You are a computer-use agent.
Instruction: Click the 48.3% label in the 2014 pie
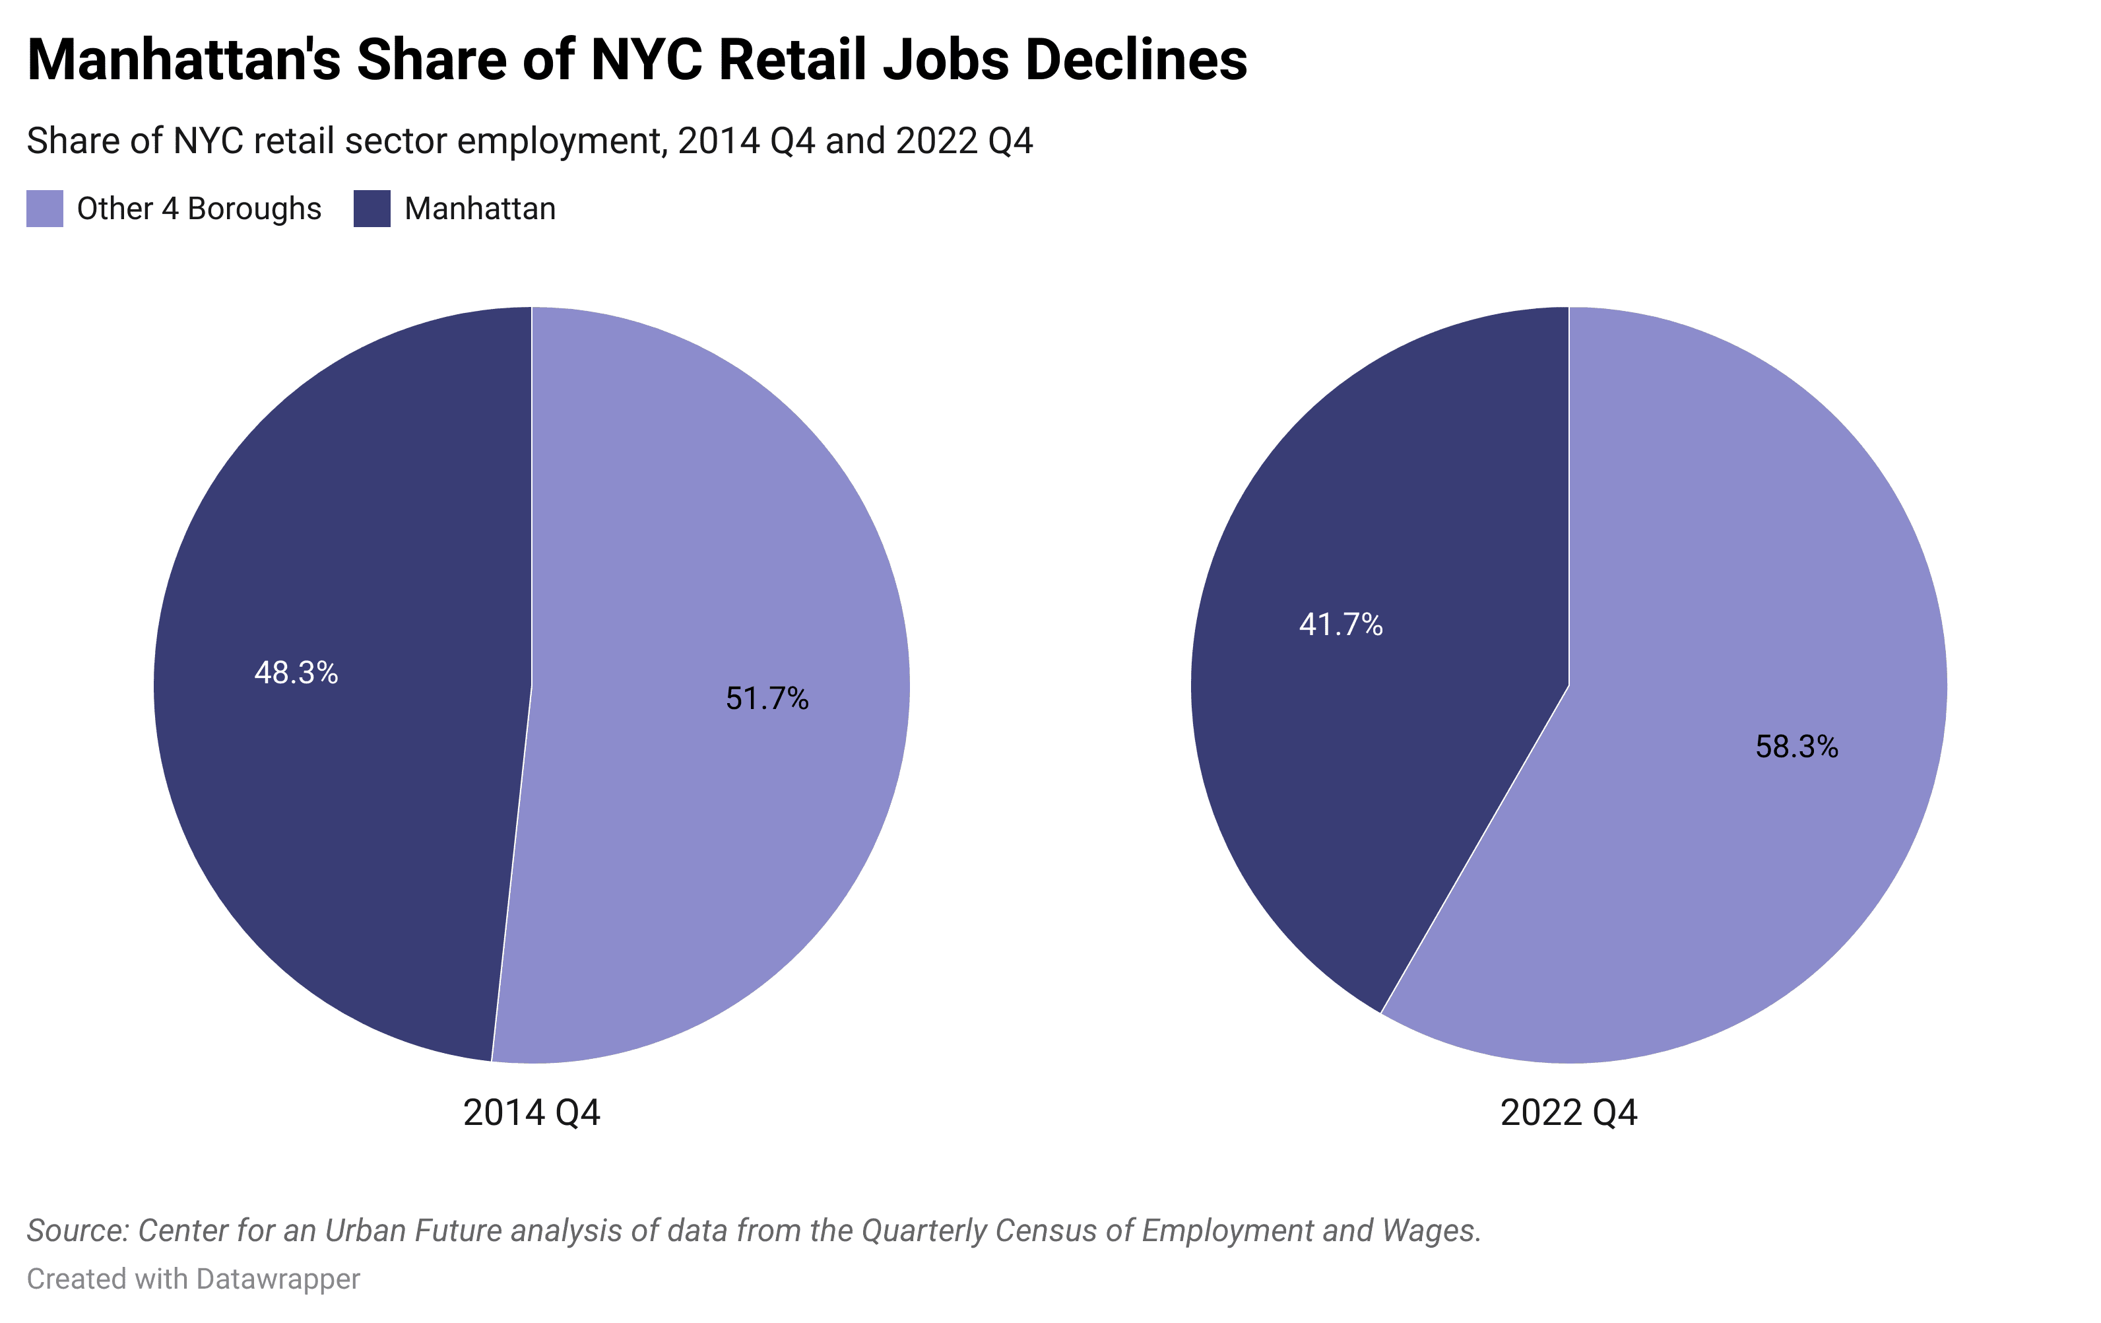[x=296, y=673]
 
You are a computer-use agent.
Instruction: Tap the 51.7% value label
[x=767, y=699]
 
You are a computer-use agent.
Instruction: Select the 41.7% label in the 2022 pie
[x=1340, y=625]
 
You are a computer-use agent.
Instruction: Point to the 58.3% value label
[x=1797, y=747]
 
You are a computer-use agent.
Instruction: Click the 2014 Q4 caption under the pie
[x=531, y=1112]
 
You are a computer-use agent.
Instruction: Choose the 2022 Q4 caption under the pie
[x=1568, y=1112]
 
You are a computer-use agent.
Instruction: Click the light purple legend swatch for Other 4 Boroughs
[x=44, y=209]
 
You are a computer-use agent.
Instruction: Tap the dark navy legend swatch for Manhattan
[x=372, y=209]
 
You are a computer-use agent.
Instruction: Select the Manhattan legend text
[x=480, y=209]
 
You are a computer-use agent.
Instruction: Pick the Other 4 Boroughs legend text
[x=199, y=209]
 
